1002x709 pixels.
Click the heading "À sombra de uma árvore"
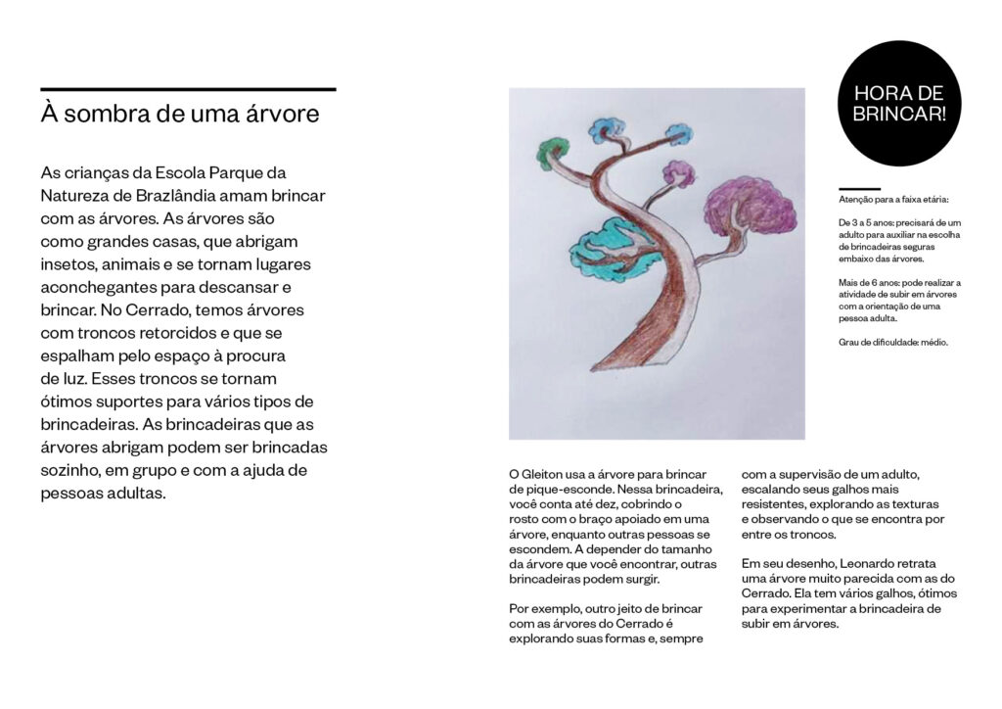tap(180, 114)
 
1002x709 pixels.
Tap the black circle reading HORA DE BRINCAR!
tap(899, 105)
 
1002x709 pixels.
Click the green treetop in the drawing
tap(554, 151)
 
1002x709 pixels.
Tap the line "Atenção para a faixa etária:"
tap(887, 200)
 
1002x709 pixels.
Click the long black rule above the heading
tap(188, 89)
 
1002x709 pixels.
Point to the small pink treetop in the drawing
tap(678, 173)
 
